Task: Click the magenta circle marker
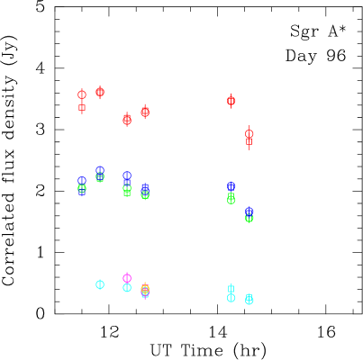point(127,278)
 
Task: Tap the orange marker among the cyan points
point(145,289)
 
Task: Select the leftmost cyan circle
point(100,284)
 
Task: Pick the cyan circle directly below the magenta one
point(127,288)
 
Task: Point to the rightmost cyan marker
point(249,300)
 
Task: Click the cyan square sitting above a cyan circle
point(231,289)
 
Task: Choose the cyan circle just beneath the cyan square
point(231,298)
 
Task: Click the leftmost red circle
point(82,94)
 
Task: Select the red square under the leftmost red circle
point(82,107)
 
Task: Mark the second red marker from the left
point(100,92)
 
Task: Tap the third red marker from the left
point(127,119)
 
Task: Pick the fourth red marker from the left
point(145,112)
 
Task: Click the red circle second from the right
point(231,101)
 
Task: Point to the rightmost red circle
point(249,133)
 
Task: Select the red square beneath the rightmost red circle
point(249,141)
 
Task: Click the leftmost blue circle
point(82,181)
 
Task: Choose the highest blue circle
point(100,170)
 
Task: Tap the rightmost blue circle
point(249,211)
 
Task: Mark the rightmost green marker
point(249,218)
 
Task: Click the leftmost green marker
point(82,189)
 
